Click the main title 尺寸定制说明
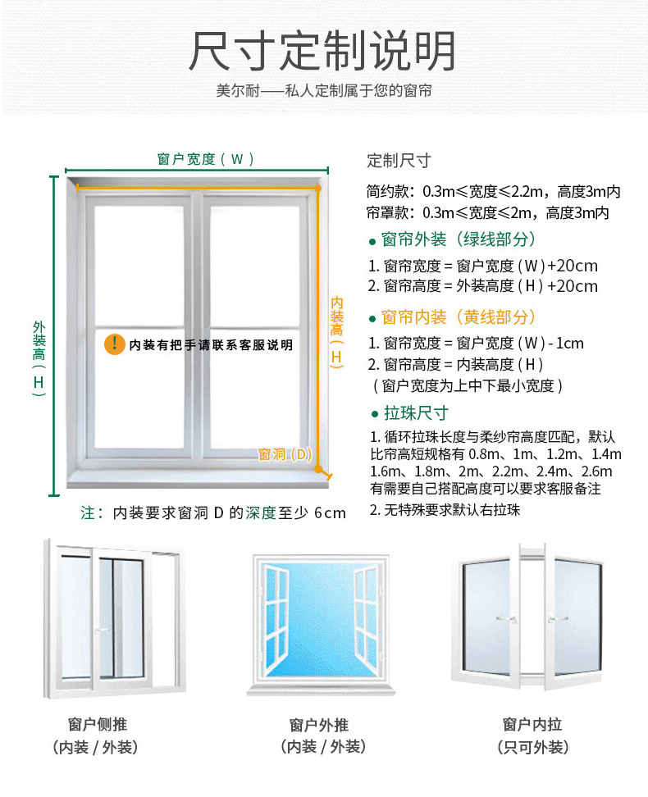click(322, 51)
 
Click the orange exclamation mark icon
click(114, 344)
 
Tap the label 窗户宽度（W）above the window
click(206, 159)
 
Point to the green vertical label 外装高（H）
click(39, 358)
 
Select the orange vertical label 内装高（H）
click(336, 331)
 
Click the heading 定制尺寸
click(399, 161)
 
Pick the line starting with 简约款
click(493, 192)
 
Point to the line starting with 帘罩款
click(487, 213)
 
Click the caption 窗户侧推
click(98, 724)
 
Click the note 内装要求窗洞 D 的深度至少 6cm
click(213, 513)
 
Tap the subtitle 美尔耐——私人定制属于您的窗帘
click(324, 91)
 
